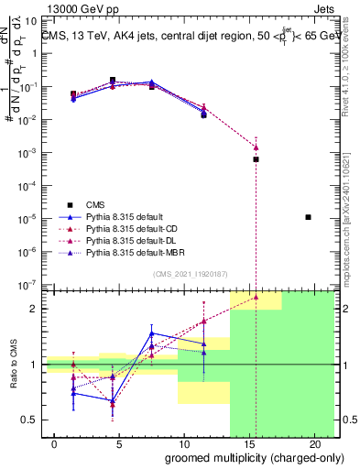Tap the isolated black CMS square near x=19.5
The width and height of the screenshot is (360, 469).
coord(309,217)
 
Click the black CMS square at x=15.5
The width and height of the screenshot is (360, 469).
coord(256,159)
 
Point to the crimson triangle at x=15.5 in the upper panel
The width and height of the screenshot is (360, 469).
coord(256,147)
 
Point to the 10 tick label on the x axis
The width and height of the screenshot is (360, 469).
coord(184,443)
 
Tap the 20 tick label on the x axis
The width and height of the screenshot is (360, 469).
coord(315,443)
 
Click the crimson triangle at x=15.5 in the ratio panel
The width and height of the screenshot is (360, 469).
coord(256,297)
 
